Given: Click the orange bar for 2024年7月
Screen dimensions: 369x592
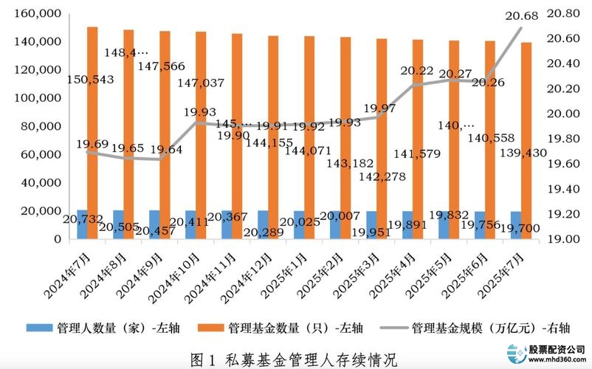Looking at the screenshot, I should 92,133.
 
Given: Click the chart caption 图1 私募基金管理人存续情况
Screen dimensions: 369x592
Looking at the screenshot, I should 294,359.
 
